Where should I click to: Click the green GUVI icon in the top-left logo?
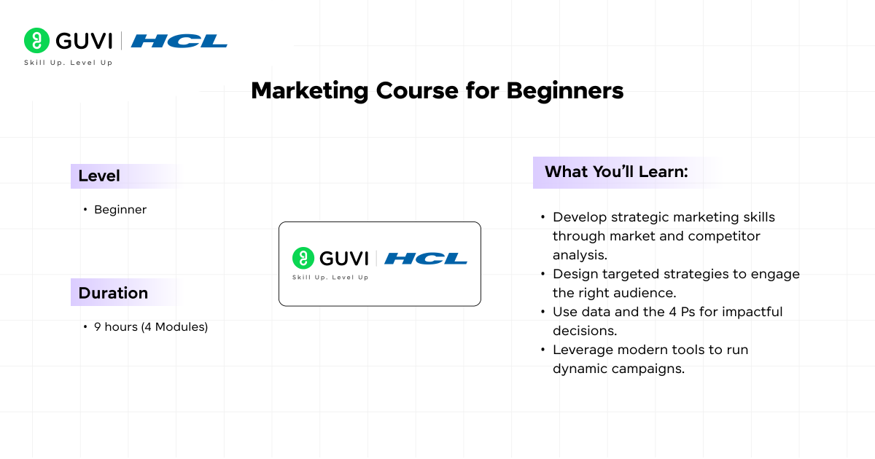tap(36, 41)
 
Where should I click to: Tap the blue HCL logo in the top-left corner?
tap(179, 41)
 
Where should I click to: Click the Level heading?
tap(99, 176)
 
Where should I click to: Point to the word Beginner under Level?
tap(120, 210)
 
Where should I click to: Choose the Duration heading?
tap(113, 293)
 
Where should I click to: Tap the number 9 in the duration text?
tap(98, 327)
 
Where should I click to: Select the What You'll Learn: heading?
tap(616, 172)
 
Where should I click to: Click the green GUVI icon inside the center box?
tap(303, 258)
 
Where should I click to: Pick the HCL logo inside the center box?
tap(426, 258)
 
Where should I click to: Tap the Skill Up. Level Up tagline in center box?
tap(330, 278)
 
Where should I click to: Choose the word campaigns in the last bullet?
tap(648, 369)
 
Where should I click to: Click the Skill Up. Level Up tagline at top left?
tap(68, 63)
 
